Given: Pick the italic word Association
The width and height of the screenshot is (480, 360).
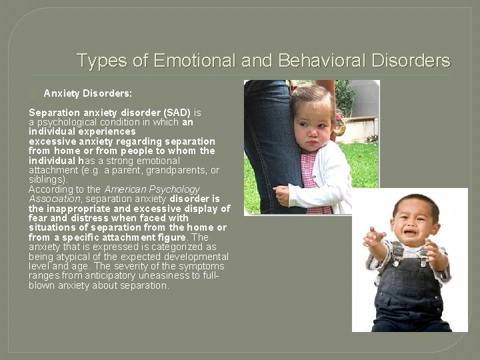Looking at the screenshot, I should tap(54, 199).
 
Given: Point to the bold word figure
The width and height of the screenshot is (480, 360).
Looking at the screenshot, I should tap(172, 238).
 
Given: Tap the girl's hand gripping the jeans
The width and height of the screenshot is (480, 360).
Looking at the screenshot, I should tap(282, 195).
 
